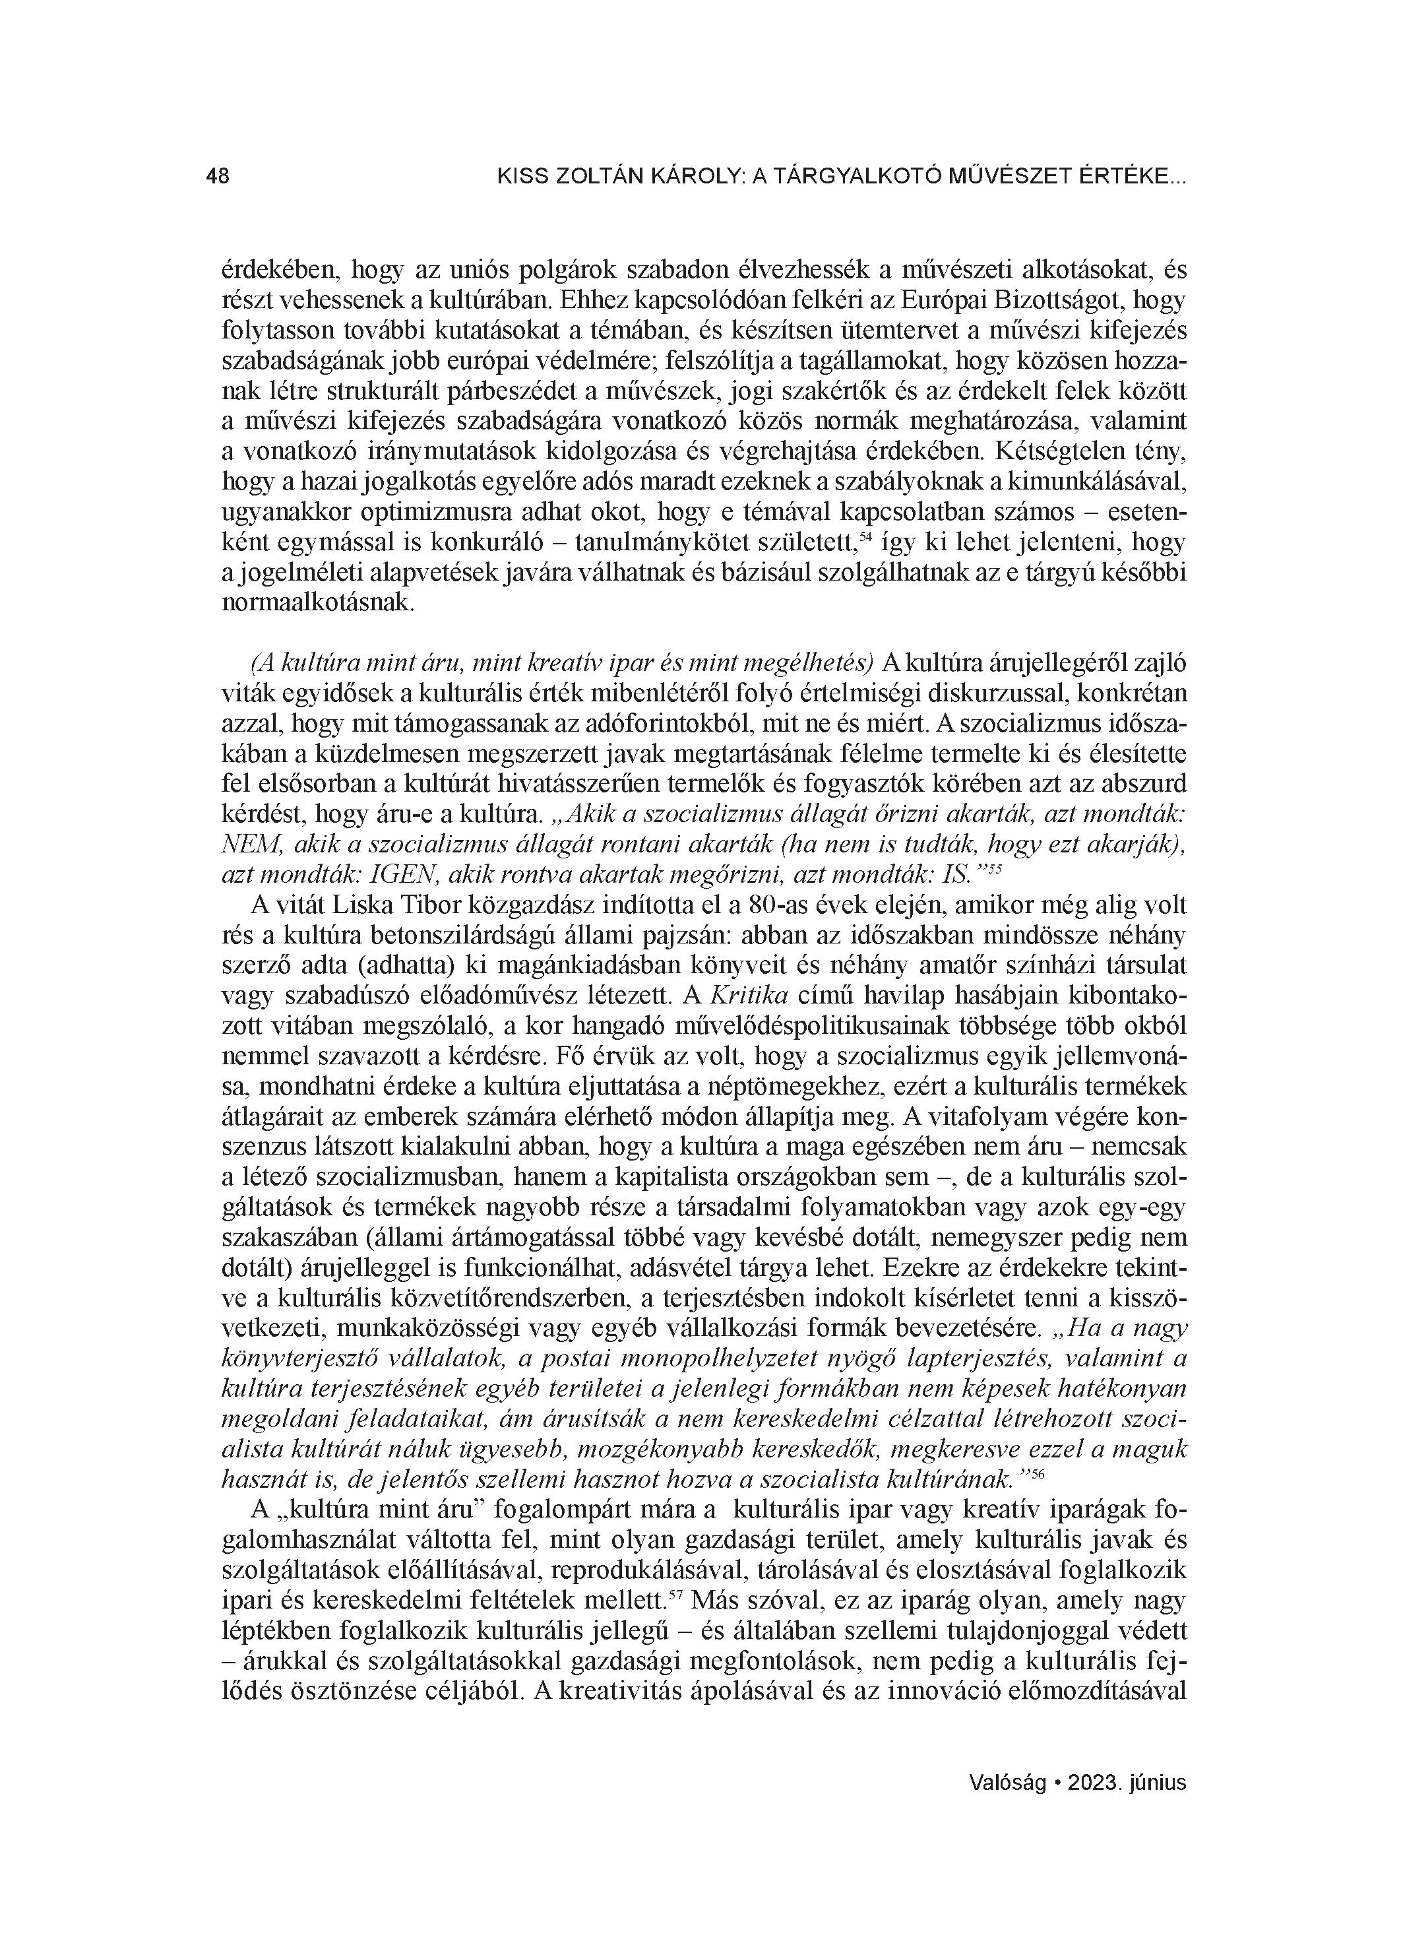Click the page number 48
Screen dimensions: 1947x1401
217,177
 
